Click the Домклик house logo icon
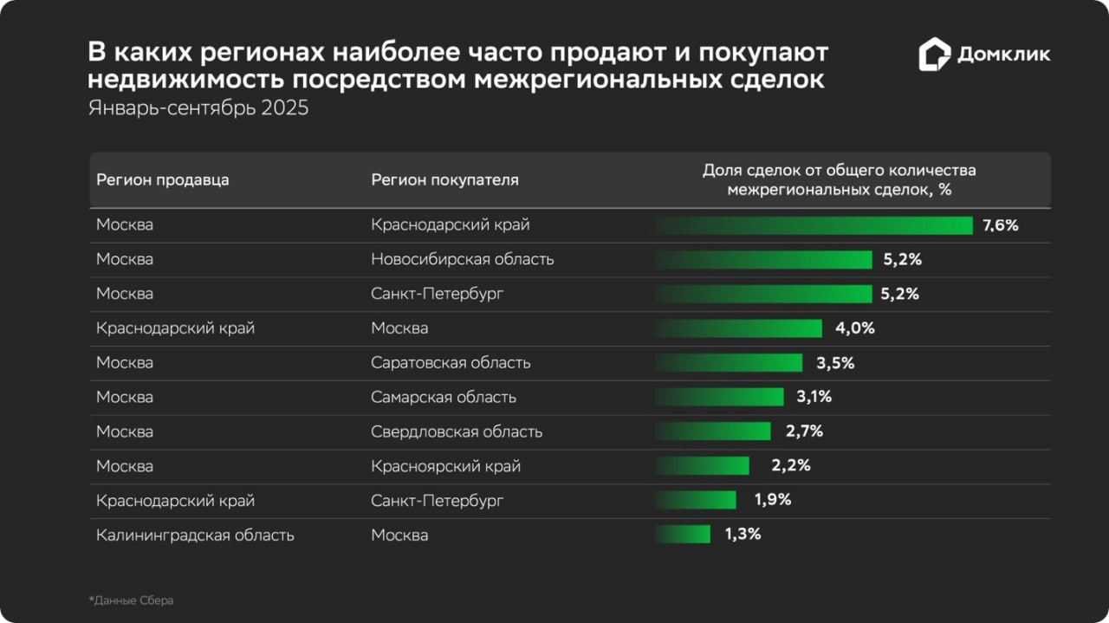pos(935,54)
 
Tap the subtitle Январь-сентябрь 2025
pos(198,109)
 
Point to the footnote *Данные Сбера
pos(131,600)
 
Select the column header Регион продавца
pos(163,180)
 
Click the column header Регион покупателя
pos(444,180)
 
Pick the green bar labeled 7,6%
pos(814,225)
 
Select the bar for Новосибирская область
pos(763,260)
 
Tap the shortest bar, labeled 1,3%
pos(683,535)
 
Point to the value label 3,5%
pos(835,363)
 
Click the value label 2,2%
pos(790,466)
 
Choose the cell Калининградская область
pos(195,535)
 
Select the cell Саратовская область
pos(451,363)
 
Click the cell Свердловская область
pos(457,432)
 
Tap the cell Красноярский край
pos(445,466)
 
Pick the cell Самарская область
pos(444,397)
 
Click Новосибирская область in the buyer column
pos(462,259)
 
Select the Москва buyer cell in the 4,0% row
pos(399,328)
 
